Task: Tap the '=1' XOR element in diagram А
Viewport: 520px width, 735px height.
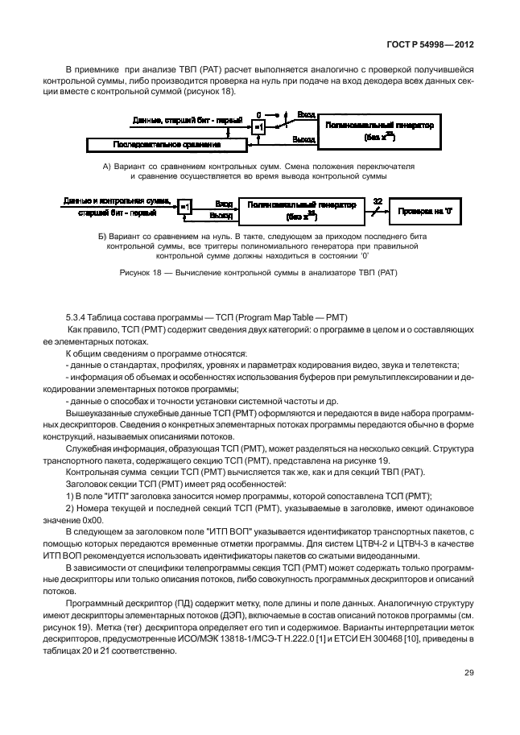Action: [x=258, y=127]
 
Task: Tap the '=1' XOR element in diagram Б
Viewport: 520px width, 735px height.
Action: [x=185, y=208]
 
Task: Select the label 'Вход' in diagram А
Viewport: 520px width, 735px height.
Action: [x=306, y=115]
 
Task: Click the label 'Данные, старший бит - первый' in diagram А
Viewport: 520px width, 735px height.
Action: [x=188, y=120]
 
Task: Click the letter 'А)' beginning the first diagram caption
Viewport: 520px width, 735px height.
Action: [x=108, y=165]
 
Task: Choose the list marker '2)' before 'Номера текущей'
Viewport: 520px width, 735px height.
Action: [x=69, y=509]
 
